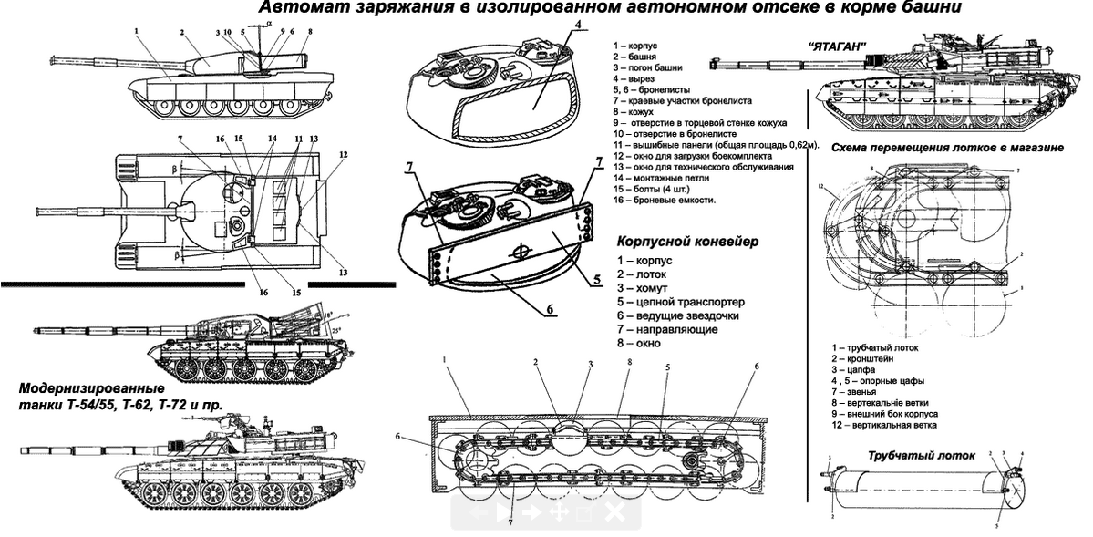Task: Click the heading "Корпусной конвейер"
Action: pos(687,243)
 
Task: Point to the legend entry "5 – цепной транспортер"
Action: pos(680,301)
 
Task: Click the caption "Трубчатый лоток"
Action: pos(921,455)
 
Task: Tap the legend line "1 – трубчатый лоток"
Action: pos(875,347)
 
